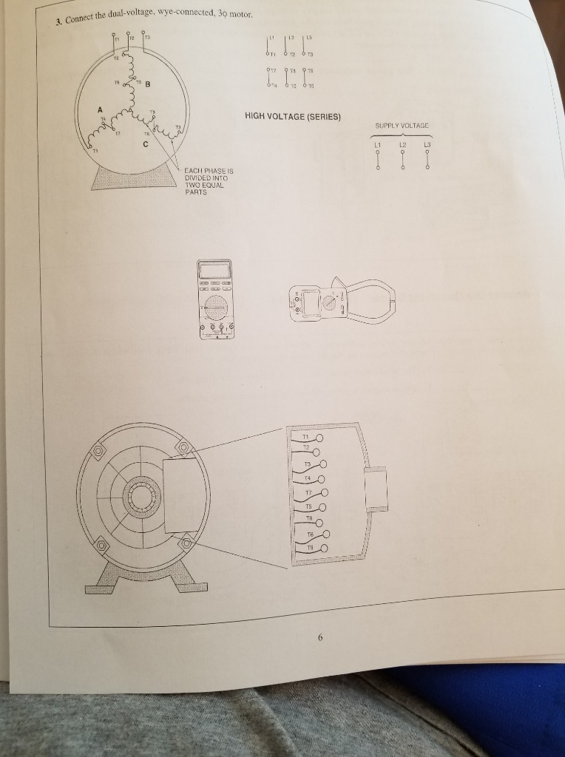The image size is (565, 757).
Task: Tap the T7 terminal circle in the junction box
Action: coord(322,494)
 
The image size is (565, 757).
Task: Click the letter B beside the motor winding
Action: coord(147,84)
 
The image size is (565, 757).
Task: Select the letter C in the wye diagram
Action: coord(145,143)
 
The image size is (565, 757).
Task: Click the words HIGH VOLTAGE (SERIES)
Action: coord(292,116)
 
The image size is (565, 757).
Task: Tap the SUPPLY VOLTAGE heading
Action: coord(402,126)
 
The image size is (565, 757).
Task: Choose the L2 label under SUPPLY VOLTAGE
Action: coord(403,144)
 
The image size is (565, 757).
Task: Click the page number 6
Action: coord(320,637)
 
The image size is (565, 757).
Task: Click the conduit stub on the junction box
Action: coord(377,488)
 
